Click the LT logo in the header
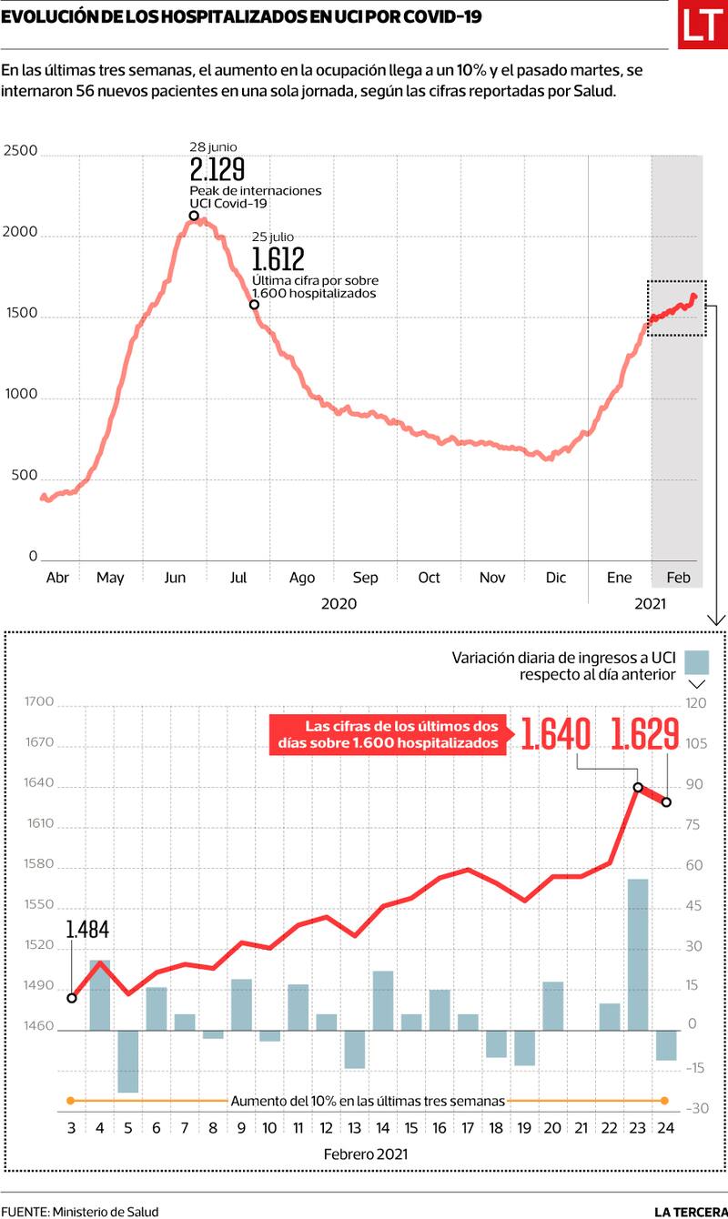(x=703, y=27)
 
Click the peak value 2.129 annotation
(x=217, y=170)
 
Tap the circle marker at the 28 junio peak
(x=194, y=216)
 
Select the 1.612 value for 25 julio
(x=278, y=259)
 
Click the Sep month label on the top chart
(x=365, y=578)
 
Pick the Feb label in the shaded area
(x=679, y=578)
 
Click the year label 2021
(x=650, y=603)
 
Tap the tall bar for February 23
(x=637, y=954)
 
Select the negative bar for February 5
(x=127, y=1061)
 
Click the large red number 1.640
(x=555, y=734)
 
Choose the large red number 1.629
(x=645, y=734)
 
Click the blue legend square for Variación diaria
(x=697, y=660)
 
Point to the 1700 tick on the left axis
(x=40, y=702)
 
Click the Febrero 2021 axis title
(x=366, y=1154)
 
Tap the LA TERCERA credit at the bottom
(x=690, y=1211)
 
